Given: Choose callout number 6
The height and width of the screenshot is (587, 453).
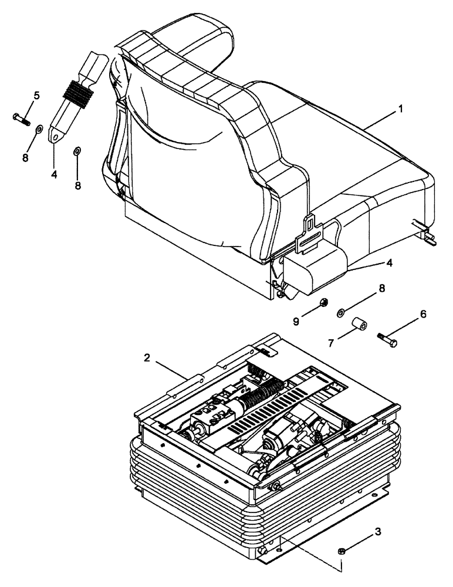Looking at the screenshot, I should click(423, 315).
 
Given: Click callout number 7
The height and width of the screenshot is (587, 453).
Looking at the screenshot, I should click(332, 342).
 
